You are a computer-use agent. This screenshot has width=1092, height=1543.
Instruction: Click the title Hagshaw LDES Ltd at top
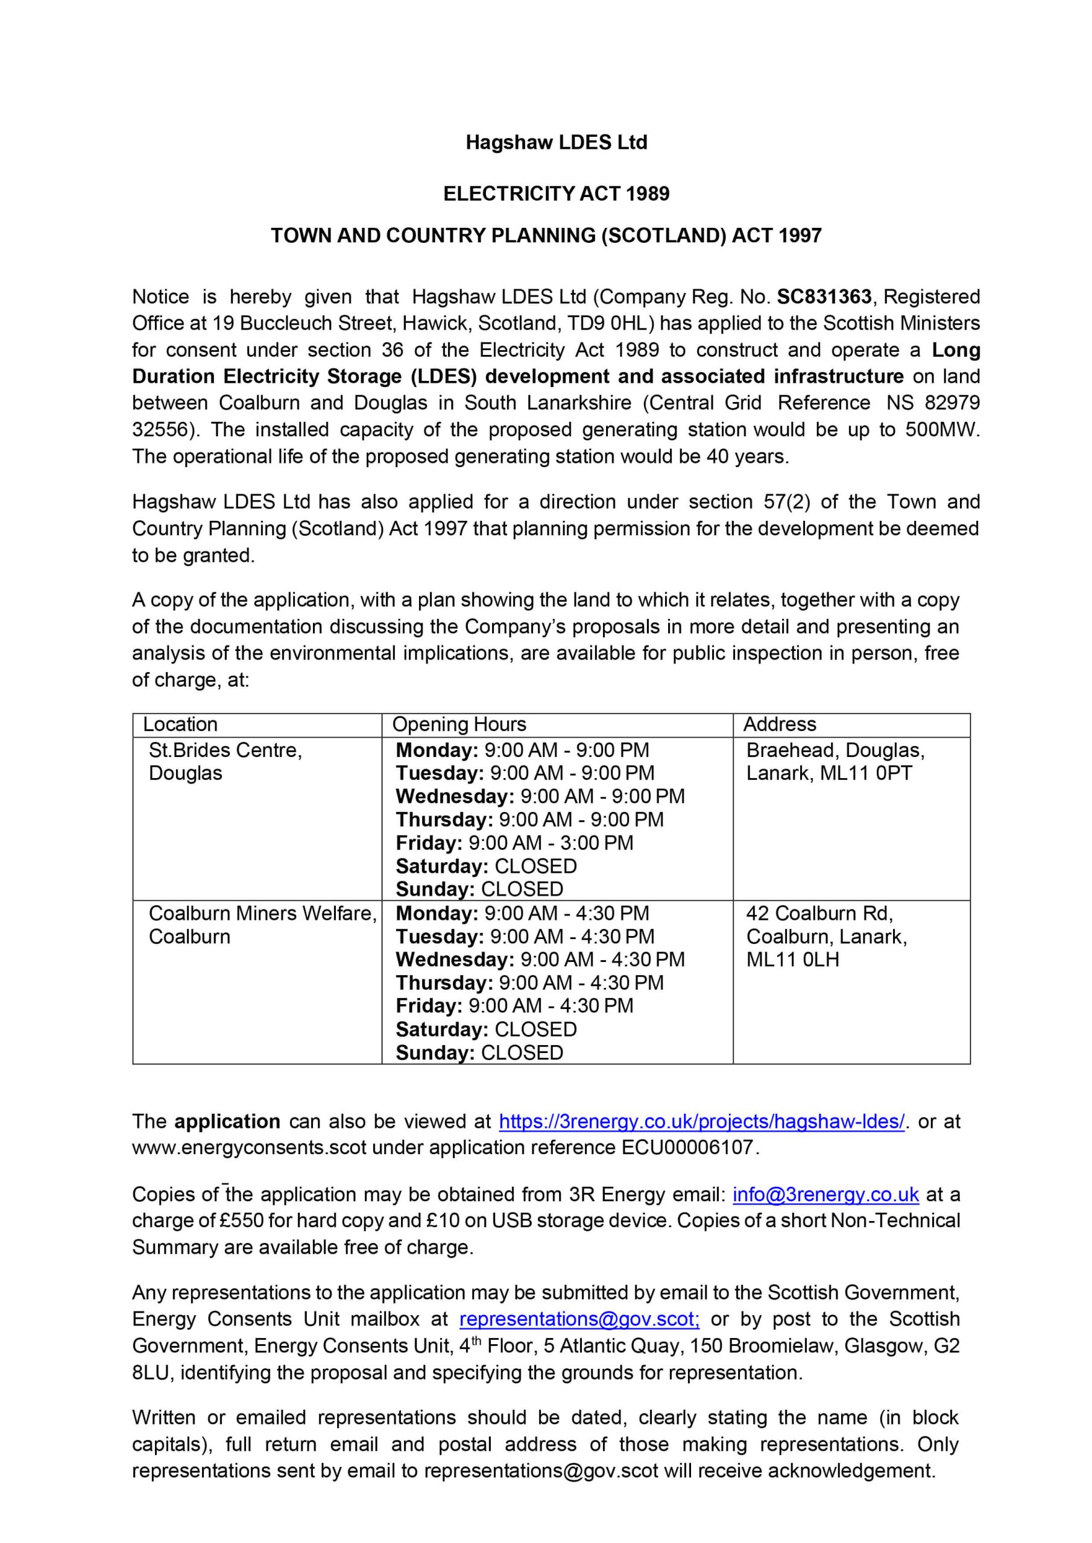[556, 142]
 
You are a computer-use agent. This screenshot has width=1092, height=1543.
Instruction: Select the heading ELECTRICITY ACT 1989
[556, 193]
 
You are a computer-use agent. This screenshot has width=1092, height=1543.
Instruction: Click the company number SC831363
[824, 297]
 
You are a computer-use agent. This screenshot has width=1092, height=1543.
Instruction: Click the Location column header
[180, 724]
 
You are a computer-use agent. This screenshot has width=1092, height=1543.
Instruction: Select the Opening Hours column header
[459, 724]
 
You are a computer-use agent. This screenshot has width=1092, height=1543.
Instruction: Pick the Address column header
[779, 724]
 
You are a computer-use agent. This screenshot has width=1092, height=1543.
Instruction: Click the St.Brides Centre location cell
[226, 761]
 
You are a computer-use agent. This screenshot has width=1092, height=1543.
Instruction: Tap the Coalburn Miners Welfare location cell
[262, 925]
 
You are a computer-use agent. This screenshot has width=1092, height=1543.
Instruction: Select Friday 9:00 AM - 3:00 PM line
[514, 843]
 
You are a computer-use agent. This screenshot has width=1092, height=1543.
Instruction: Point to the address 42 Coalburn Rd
[819, 913]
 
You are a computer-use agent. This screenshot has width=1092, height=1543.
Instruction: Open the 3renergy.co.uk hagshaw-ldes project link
[701, 1122]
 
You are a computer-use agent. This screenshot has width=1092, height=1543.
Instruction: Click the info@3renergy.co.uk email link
[825, 1194]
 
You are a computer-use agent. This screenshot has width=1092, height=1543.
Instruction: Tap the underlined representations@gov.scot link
[579, 1319]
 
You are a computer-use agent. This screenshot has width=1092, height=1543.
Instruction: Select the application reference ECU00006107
[687, 1147]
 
